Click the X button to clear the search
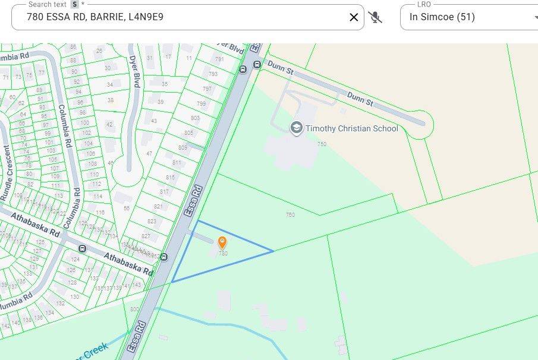(x=354, y=17)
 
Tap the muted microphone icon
(x=375, y=17)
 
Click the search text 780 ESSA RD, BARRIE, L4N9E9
(x=95, y=17)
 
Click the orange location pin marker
(x=222, y=242)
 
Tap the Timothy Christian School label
(x=352, y=128)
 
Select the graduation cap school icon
(x=296, y=128)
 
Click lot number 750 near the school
(x=322, y=144)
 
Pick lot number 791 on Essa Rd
(x=219, y=59)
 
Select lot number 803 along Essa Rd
(x=195, y=118)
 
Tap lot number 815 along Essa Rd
(x=171, y=178)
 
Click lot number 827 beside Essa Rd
(x=146, y=236)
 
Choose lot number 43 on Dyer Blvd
(x=154, y=121)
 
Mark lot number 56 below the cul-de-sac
(x=126, y=209)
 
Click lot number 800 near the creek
(x=134, y=310)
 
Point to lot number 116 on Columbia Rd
(x=100, y=212)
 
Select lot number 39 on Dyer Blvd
(x=160, y=102)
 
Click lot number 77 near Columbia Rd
(x=42, y=73)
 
